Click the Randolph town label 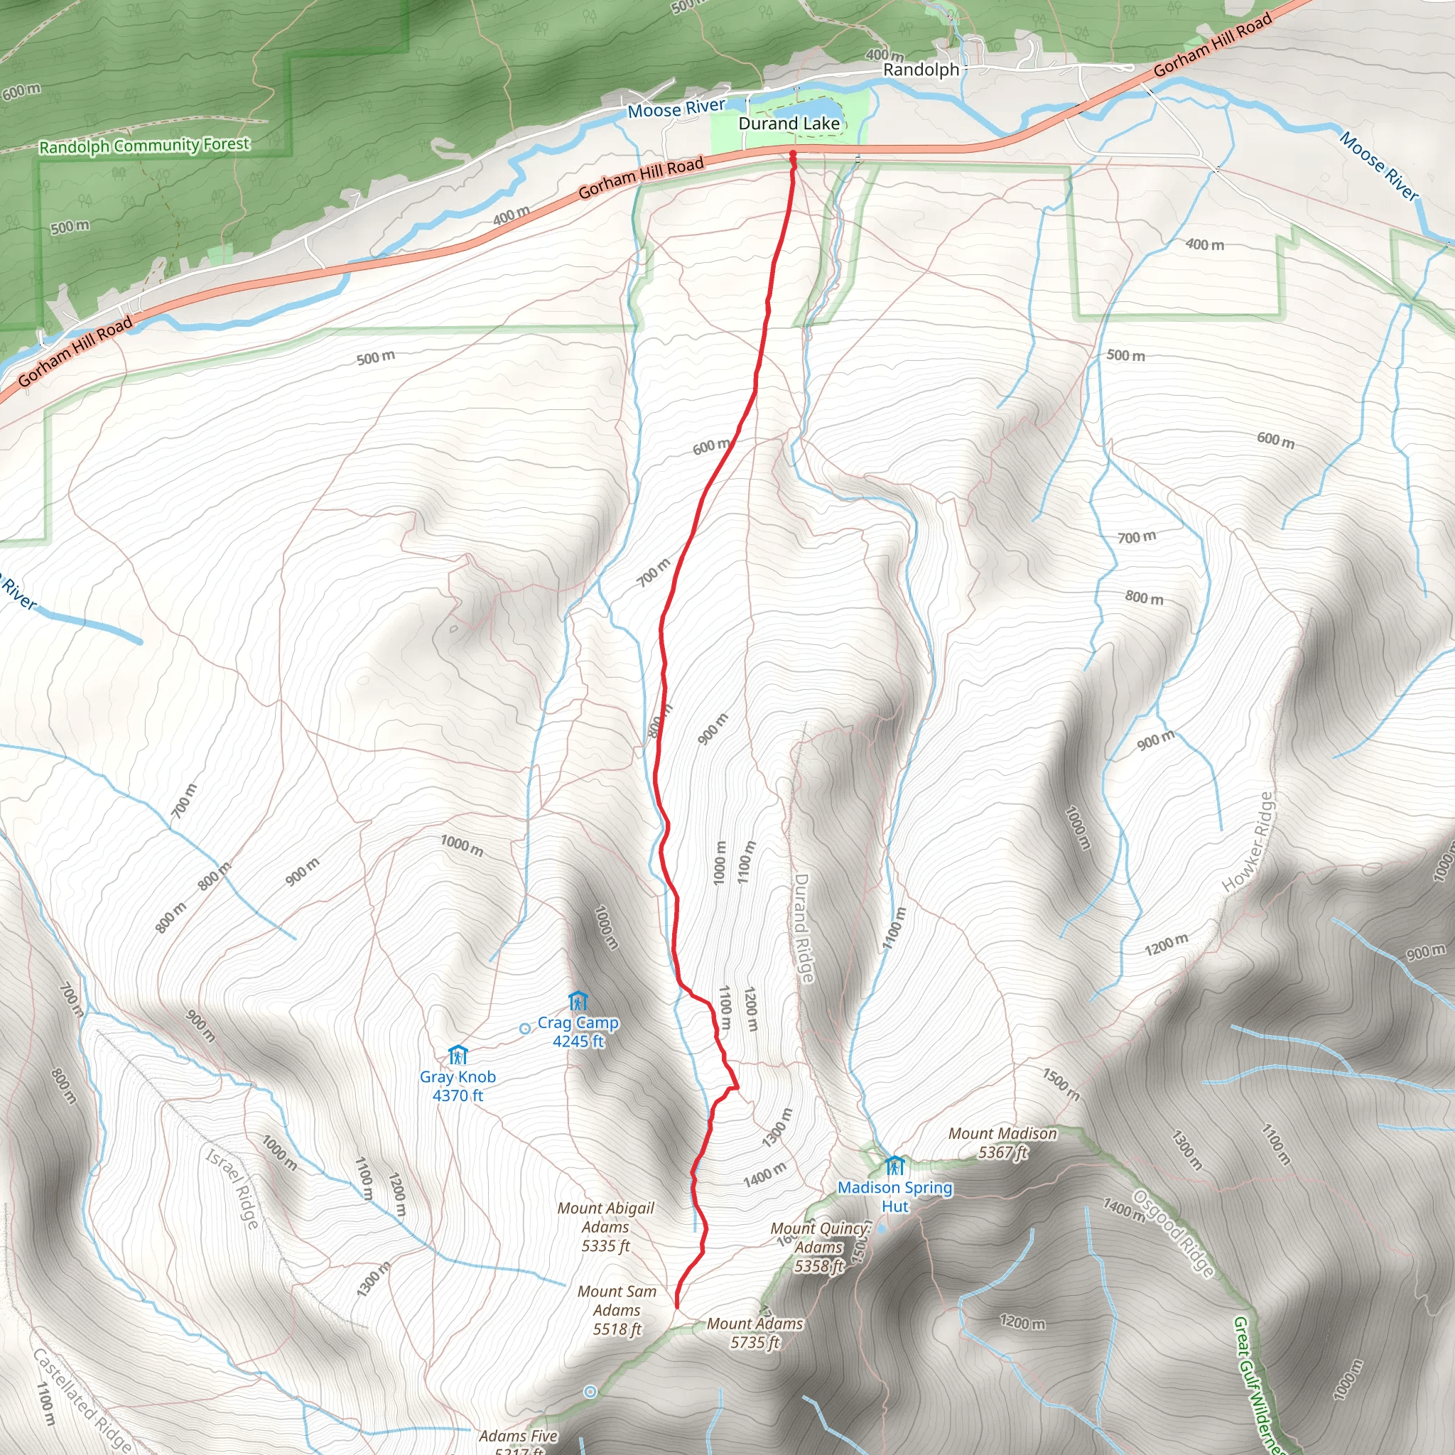[921, 70]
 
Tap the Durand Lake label [789, 124]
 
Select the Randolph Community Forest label [144, 145]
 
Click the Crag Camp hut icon [578, 1001]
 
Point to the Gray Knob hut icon [457, 1055]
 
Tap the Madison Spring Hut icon [894, 1165]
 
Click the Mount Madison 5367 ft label [1002, 1142]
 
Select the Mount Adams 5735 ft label [754, 1332]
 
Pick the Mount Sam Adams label [617, 1310]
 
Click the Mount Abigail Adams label [605, 1227]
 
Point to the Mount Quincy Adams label [819, 1247]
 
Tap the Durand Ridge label [803, 928]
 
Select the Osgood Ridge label [1174, 1233]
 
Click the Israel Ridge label [234, 1189]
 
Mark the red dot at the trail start [792, 154]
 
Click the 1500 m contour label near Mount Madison [1061, 1084]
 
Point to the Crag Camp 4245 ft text [578, 1032]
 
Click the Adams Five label [518, 1436]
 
